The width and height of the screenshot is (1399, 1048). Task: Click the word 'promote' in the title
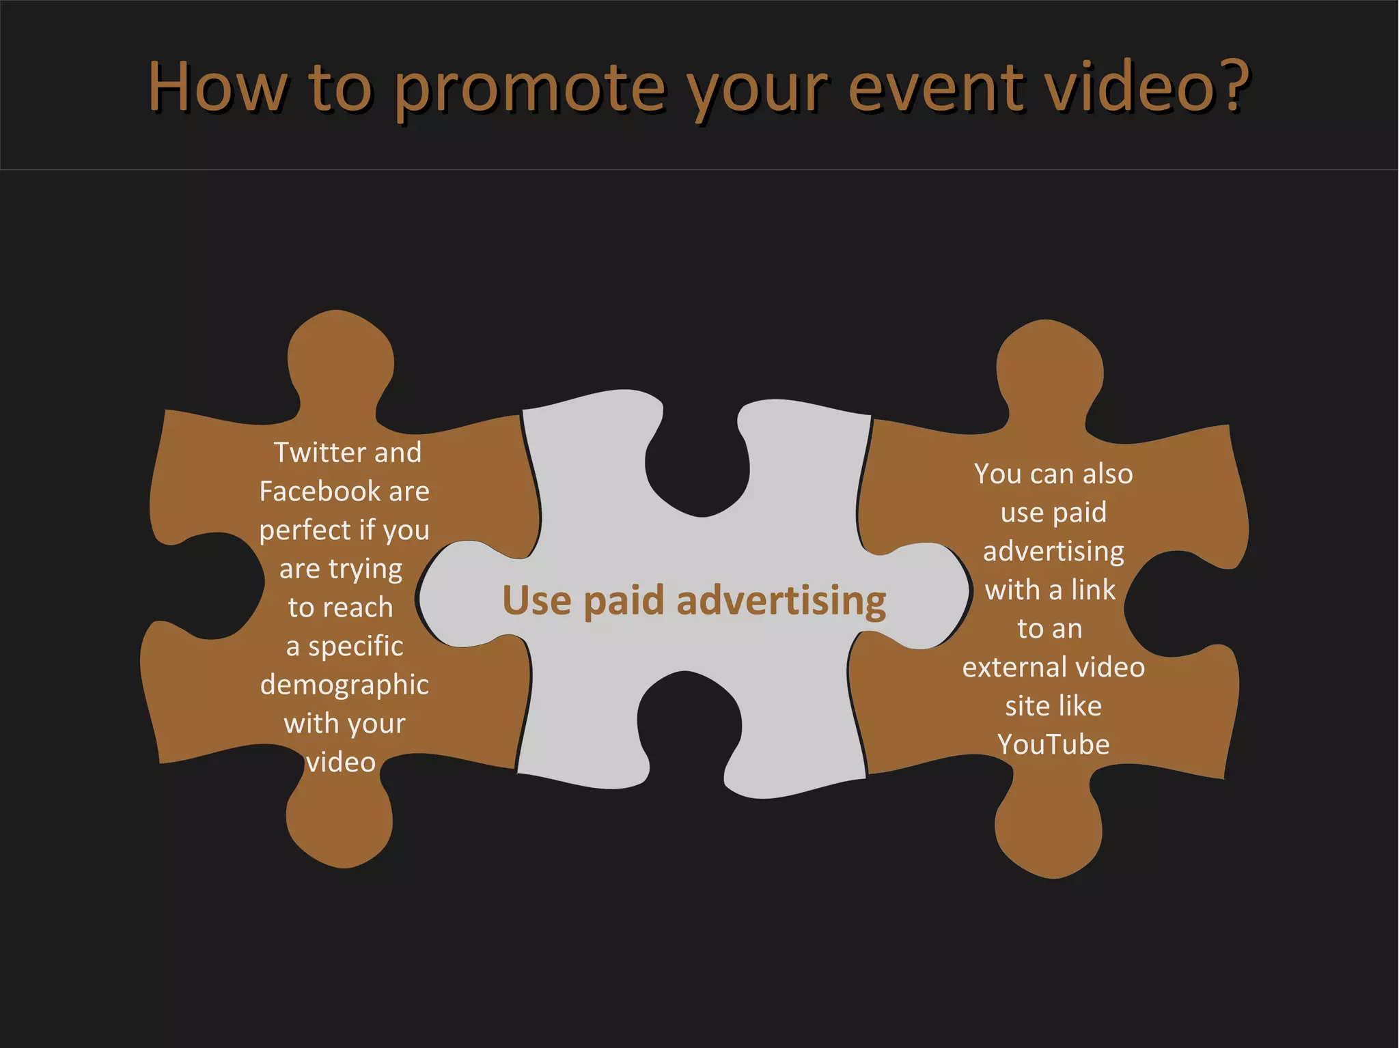click(529, 89)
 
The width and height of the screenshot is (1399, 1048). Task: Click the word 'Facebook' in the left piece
click(320, 492)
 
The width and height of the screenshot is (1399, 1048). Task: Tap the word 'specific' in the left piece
click(355, 647)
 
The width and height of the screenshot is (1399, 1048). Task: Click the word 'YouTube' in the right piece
click(1053, 744)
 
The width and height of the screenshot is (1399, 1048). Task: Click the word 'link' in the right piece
click(1093, 590)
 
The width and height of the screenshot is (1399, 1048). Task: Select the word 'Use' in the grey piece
click(537, 601)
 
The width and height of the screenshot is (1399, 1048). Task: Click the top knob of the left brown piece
click(340, 358)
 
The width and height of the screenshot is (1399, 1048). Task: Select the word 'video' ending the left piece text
click(341, 763)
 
